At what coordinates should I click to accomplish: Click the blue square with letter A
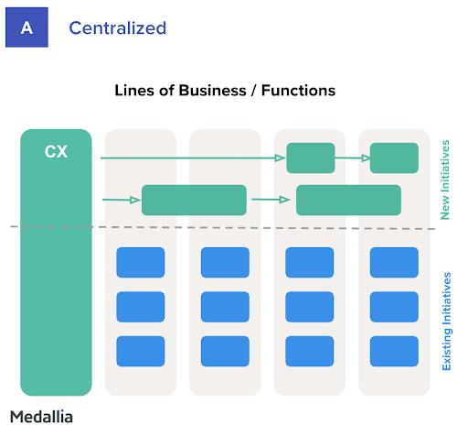tap(27, 27)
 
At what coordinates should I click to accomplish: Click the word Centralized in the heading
tap(118, 28)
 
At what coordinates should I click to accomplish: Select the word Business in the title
tap(212, 91)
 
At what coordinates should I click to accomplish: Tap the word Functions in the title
tap(298, 91)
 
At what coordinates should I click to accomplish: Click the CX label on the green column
tap(56, 151)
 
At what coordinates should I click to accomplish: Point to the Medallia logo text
tap(41, 417)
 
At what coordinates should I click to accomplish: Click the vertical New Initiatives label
tap(445, 180)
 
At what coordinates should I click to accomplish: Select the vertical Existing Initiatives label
tap(446, 322)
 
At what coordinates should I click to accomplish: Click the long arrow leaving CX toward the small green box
tap(193, 158)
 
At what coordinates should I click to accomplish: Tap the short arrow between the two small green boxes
tap(353, 158)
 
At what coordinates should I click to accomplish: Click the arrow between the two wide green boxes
tap(271, 200)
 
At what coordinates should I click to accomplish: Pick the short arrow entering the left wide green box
tap(122, 200)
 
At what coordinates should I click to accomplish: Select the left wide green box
tap(194, 200)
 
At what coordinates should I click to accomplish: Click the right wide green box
tap(348, 200)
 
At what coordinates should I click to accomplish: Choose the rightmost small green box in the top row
tap(394, 158)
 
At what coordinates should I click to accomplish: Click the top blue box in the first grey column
tap(141, 263)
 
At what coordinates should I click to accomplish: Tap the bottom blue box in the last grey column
tap(394, 351)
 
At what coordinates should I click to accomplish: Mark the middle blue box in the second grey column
tap(225, 307)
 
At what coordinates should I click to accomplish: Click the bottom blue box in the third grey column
tap(310, 351)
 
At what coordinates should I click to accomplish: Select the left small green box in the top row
tap(311, 158)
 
